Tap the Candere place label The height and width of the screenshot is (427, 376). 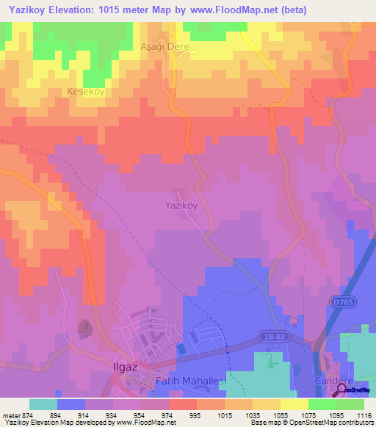(x=334, y=382)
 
